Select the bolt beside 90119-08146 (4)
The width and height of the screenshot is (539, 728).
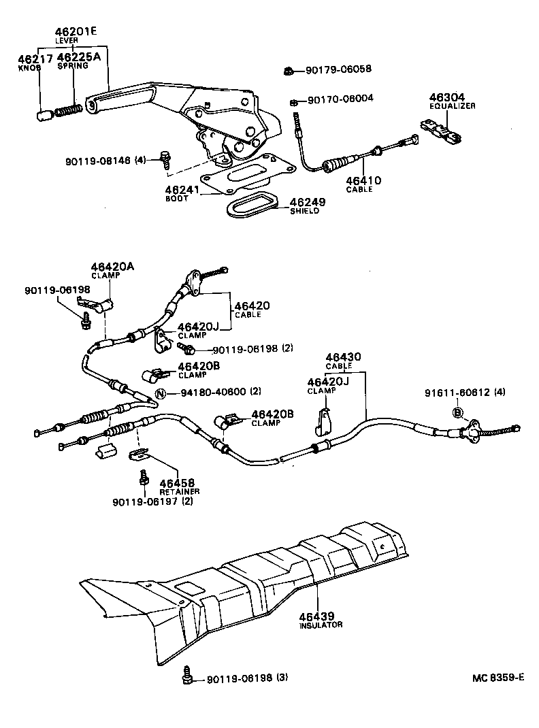click(165, 158)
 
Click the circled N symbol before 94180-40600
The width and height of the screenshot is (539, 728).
click(161, 393)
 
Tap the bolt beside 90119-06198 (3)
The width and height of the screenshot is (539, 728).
click(187, 677)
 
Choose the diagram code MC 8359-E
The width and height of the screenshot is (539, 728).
click(499, 678)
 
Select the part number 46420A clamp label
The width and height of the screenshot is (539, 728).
click(112, 267)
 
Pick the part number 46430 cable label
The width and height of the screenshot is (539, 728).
click(343, 357)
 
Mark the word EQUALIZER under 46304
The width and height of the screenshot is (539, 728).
click(453, 106)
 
